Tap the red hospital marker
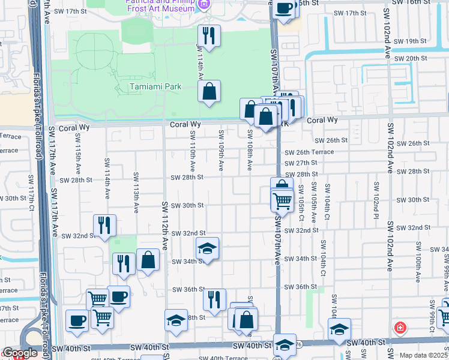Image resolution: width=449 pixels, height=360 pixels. point(399,328)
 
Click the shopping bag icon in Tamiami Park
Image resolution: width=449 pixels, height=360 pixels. point(209,92)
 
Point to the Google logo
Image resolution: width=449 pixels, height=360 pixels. point(20,353)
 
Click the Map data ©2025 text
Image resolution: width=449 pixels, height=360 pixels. point(424,355)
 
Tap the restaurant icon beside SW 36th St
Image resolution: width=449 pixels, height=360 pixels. point(214,299)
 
